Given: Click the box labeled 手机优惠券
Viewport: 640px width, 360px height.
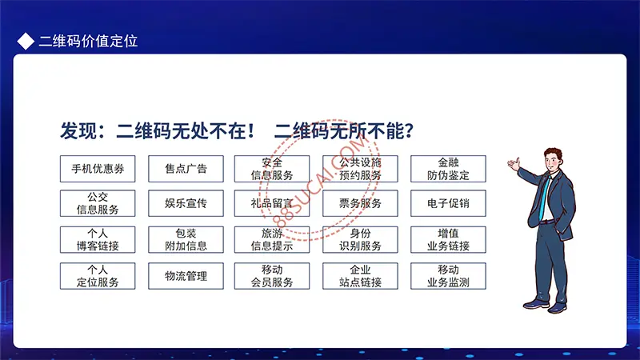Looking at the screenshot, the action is coord(98,169).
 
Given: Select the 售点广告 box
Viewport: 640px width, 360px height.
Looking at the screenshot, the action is coord(186,169).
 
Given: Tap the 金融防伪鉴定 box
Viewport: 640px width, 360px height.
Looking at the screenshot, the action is coord(448,169).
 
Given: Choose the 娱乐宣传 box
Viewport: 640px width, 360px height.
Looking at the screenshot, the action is coord(186,203).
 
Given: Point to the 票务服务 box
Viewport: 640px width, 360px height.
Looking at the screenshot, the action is coord(360,203).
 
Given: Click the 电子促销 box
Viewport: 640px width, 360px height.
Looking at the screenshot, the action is coord(448,203).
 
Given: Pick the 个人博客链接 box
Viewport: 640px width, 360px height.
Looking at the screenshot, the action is coord(98,239).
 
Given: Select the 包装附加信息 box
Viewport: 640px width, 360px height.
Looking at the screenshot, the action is coord(186,239).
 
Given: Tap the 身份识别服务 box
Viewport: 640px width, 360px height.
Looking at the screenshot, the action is coord(360,239).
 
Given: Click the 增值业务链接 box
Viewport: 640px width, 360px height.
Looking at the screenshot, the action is coord(448,239).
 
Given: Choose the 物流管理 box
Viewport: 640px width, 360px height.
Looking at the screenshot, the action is coord(186,276).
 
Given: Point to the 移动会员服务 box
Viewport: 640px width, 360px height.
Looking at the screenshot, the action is coord(272,276).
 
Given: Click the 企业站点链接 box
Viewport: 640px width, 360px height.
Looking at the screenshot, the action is coord(360,276).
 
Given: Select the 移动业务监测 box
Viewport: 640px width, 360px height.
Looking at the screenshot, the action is coord(448,276).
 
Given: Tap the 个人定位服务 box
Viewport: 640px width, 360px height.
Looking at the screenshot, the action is coord(98,276).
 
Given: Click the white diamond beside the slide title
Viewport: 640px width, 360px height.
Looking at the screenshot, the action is coord(26,42).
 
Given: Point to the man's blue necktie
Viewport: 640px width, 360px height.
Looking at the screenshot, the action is coord(544,197).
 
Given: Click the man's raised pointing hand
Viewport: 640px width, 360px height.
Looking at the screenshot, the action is coord(514,164).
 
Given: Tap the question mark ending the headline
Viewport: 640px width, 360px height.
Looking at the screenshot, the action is coord(409,131).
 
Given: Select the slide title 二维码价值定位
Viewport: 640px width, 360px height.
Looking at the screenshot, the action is coord(88,42).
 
